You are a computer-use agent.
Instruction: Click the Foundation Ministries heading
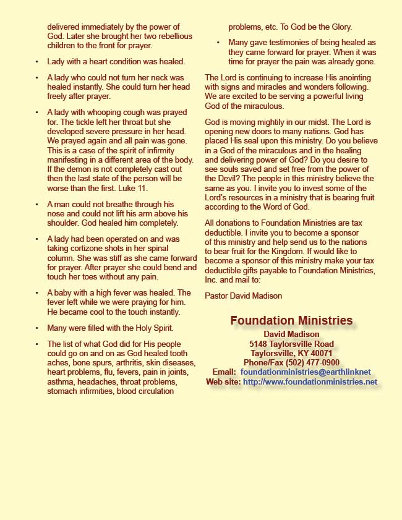coord(291,321)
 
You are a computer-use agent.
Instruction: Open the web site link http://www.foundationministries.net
coord(310,382)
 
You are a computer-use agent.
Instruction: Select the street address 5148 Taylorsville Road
coord(291,344)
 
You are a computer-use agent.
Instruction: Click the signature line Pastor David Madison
coord(243,296)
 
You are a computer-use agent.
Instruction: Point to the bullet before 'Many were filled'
coord(37,328)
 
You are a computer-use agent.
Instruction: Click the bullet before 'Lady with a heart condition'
coord(37,62)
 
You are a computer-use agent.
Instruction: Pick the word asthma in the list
coord(61,382)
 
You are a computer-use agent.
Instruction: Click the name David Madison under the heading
coord(291,335)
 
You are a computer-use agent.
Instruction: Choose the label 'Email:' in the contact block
coord(223,372)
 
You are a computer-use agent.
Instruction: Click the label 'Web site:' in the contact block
coord(223,382)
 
